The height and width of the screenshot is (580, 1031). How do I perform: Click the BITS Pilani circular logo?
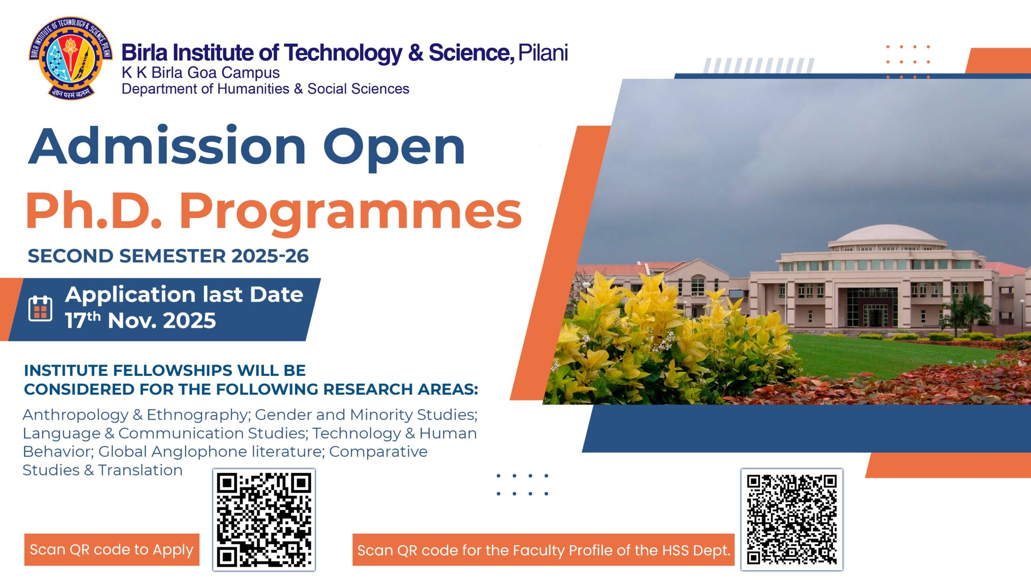70,58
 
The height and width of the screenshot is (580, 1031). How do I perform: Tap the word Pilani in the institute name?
543,53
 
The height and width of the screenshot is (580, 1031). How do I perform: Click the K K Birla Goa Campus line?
201,72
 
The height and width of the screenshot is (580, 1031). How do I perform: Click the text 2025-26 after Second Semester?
270,256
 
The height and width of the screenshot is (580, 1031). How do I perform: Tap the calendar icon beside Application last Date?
40,309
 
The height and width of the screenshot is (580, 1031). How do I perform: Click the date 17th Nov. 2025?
141,321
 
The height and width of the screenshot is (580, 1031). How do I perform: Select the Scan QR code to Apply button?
112,549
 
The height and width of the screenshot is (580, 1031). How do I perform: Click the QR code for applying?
264,520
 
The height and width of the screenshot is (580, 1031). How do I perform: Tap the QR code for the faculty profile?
792,520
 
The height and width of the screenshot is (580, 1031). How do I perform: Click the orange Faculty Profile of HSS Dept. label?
544,550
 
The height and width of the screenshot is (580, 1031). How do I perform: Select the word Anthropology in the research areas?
75,415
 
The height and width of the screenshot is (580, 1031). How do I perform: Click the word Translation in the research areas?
140,470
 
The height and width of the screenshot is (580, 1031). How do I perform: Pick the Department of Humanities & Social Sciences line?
265,89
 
